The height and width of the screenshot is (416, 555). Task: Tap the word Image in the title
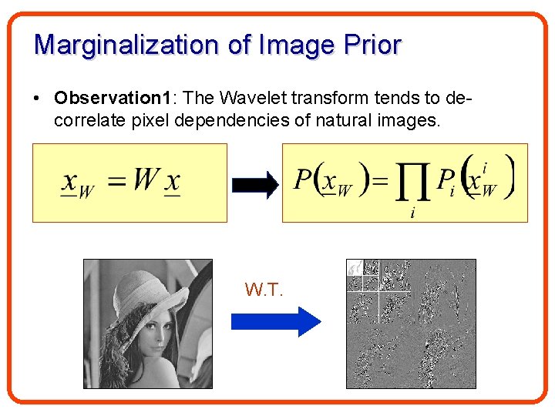click(x=294, y=45)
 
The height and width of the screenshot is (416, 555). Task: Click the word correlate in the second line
click(x=86, y=120)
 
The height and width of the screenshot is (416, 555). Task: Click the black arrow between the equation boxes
click(x=254, y=183)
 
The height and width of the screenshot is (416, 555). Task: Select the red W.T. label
click(x=264, y=290)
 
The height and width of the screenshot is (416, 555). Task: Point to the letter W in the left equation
click(x=146, y=180)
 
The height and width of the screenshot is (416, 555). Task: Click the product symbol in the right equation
click(x=412, y=183)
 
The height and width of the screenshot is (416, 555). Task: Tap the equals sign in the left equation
click(x=116, y=183)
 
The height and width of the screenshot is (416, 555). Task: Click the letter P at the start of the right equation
click(x=304, y=180)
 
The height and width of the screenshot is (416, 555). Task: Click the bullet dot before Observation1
click(x=36, y=99)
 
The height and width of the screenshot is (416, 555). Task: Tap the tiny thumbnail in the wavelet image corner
click(x=355, y=267)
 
